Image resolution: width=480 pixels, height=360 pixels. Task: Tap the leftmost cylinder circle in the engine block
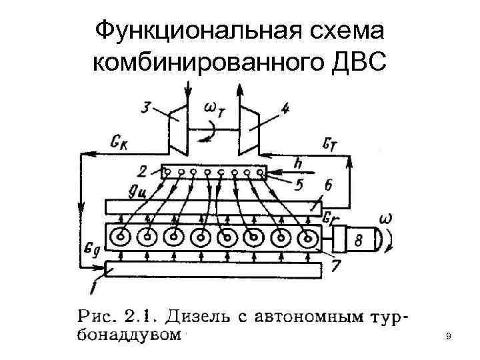(121, 237)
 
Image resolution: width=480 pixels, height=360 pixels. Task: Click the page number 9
(449, 337)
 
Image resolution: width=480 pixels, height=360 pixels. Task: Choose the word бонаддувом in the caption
(129, 333)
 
